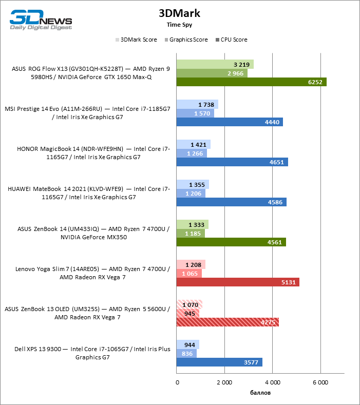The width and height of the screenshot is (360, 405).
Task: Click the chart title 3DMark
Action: (179, 14)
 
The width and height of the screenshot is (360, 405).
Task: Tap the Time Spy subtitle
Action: (179, 24)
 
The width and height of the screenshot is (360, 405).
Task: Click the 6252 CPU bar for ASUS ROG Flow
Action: (251, 82)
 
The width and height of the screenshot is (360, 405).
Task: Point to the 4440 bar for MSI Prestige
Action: (229, 122)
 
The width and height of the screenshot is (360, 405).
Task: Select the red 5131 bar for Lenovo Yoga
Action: (237, 282)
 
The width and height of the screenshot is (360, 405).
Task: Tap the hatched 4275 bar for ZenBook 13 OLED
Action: (227, 322)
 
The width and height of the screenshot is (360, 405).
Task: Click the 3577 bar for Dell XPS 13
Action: (219, 362)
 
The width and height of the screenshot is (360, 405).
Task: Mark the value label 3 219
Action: (241, 65)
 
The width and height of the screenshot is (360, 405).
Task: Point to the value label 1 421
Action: (198, 145)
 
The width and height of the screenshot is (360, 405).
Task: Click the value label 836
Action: (187, 353)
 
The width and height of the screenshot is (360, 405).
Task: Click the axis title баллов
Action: (260, 393)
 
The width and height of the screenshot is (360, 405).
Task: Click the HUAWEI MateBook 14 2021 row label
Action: (89, 193)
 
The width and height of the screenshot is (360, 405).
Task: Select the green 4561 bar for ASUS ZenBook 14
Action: (231, 242)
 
